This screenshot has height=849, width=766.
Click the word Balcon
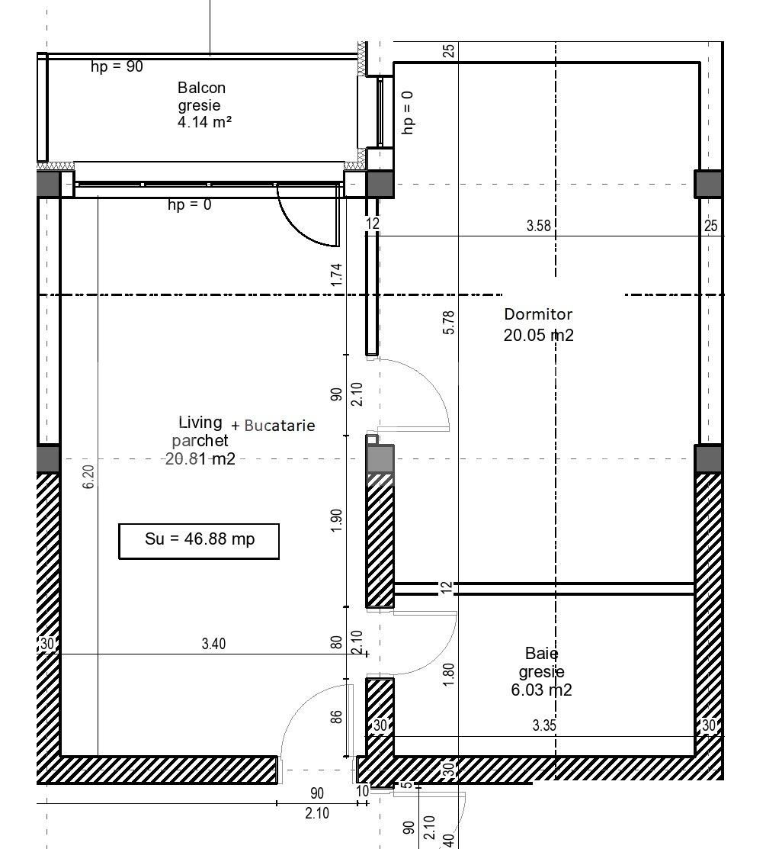click(201, 88)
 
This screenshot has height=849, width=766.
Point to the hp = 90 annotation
click(117, 66)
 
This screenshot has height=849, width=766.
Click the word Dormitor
click(538, 314)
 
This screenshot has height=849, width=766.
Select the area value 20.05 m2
click(538, 335)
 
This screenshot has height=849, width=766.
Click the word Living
click(200, 423)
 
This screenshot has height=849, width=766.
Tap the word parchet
click(200, 441)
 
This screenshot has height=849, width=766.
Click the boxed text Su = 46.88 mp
click(199, 539)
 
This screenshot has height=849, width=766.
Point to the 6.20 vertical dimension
click(89, 477)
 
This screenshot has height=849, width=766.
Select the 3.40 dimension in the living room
click(213, 645)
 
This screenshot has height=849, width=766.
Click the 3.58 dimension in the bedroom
click(538, 227)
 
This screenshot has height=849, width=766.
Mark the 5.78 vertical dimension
click(449, 322)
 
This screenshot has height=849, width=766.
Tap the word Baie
click(541, 654)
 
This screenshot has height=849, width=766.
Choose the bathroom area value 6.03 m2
click(541, 690)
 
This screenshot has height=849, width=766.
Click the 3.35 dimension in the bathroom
click(543, 726)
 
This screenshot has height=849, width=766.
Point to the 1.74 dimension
click(337, 275)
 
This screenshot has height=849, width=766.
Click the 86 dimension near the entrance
click(337, 716)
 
